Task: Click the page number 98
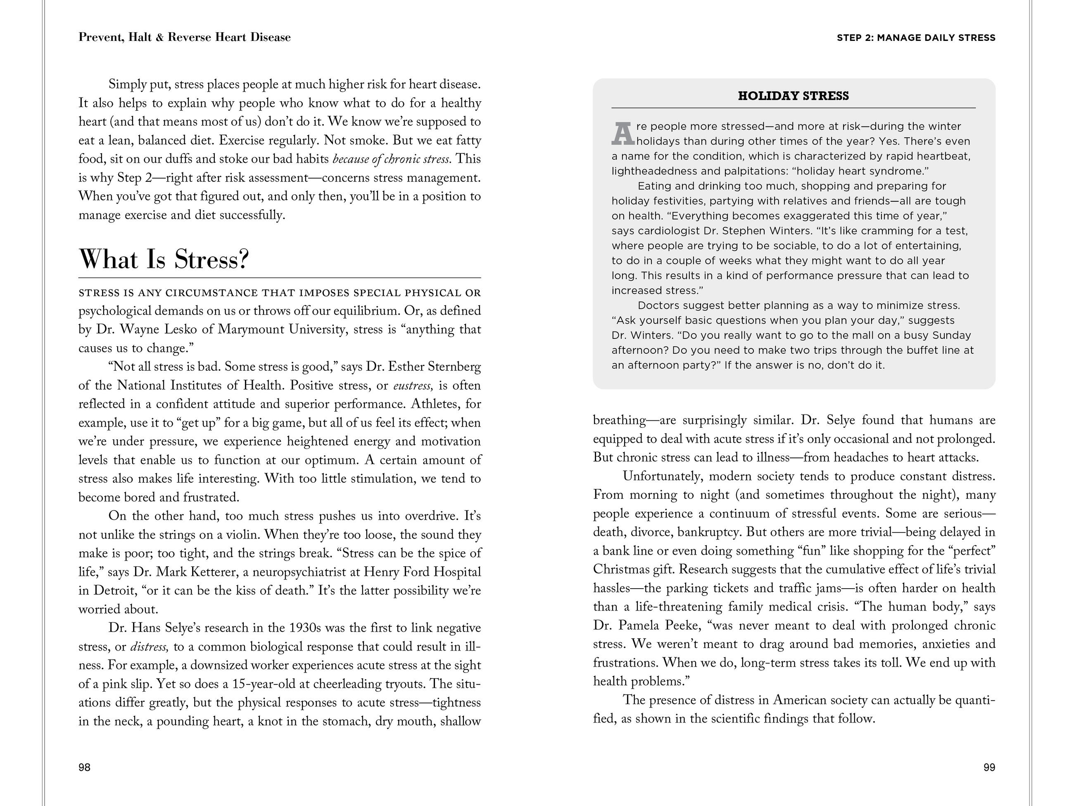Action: pyautogui.click(x=85, y=767)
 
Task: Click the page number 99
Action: pyautogui.click(x=989, y=767)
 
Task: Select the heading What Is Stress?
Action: pyautogui.click(x=164, y=259)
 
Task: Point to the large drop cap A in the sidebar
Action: pyautogui.click(x=623, y=134)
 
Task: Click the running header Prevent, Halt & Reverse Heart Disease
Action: pyautogui.click(x=185, y=38)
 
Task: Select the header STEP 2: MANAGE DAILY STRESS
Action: pyautogui.click(x=916, y=38)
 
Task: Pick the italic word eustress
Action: pyautogui.click(x=412, y=386)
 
